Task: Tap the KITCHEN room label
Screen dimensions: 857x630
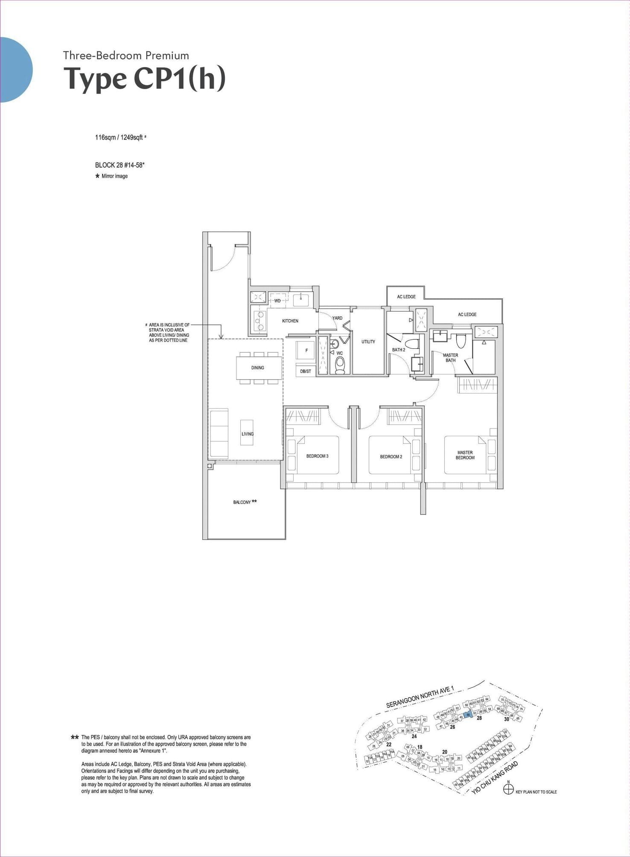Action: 290,321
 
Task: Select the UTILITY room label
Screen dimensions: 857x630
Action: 368,341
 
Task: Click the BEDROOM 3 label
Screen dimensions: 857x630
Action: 317,456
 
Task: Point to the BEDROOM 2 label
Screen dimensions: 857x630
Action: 391,457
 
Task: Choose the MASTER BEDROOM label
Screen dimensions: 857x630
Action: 465,455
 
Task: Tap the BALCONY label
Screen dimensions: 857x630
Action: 242,502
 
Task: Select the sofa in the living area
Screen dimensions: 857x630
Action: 219,433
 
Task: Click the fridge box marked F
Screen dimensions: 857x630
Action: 306,351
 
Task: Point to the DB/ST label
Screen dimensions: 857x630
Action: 306,371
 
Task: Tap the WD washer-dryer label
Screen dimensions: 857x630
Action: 277,301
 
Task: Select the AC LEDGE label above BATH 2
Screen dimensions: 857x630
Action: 406,297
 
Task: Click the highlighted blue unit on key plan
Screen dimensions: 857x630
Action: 468,715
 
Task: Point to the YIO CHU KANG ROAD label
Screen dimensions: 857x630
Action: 495,778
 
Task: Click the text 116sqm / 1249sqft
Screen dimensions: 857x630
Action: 119,138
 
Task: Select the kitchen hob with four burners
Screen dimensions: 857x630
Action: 259,321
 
